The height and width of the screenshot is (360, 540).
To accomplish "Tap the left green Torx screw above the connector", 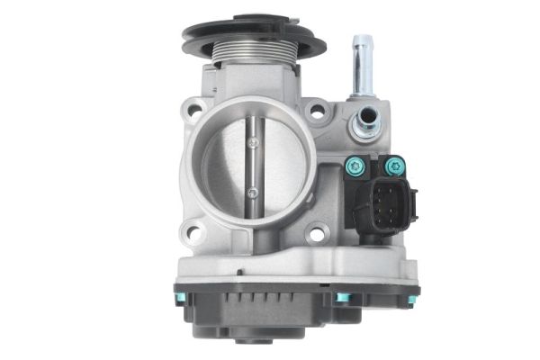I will (355, 166).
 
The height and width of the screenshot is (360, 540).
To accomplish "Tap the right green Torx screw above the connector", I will (393, 166).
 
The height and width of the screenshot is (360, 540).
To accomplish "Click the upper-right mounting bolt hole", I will (316, 112).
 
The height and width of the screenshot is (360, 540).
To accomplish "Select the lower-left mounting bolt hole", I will (191, 236).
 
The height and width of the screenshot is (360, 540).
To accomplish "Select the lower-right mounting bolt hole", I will (316, 235).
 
